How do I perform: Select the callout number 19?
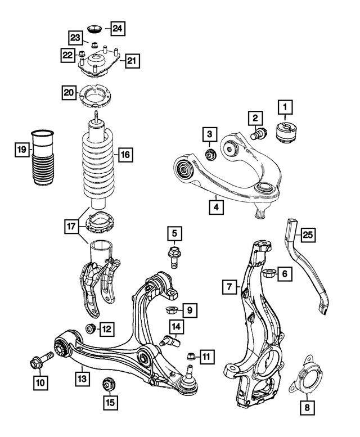click(21, 149)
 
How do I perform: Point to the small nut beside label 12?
click(88, 328)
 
